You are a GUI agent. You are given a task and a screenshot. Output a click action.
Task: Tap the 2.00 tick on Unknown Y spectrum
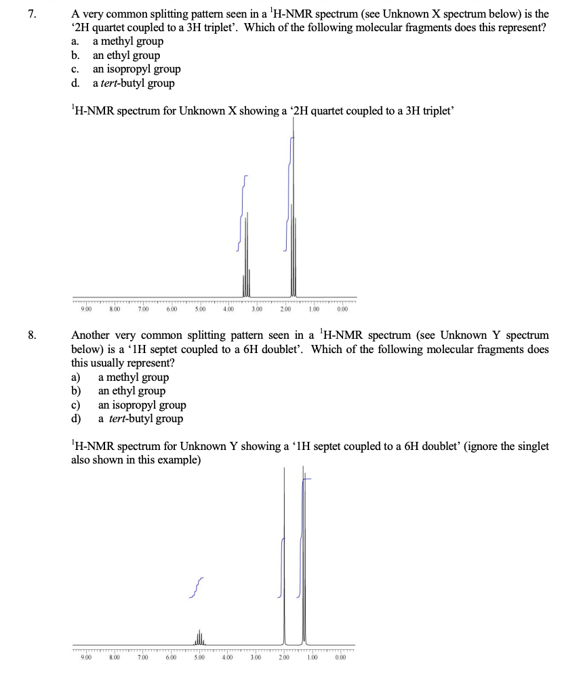284,656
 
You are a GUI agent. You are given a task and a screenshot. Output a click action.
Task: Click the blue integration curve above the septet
197,588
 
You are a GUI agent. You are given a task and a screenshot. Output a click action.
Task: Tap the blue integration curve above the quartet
242,210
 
